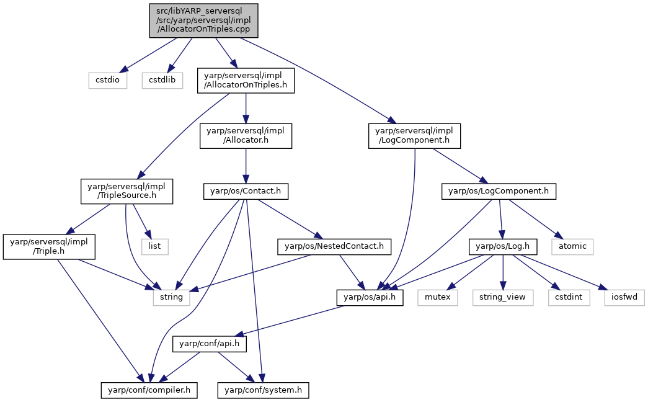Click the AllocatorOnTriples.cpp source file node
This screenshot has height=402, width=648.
pyautogui.click(x=204, y=20)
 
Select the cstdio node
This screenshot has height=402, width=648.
pyautogui.click(x=107, y=80)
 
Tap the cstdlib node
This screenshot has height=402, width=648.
pyautogui.click(x=162, y=80)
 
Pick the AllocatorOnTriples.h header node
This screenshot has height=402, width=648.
pyautogui.click(x=246, y=81)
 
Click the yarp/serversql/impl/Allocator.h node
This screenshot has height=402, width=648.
pyautogui.click(x=246, y=136)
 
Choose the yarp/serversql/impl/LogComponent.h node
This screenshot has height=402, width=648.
pyautogui.click(x=414, y=136)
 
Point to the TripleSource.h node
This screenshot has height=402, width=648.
pyautogui.click(x=126, y=191)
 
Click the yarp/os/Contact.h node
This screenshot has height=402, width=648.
pyautogui.click(x=246, y=192)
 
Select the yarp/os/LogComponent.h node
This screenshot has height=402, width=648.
pyautogui.click(x=499, y=192)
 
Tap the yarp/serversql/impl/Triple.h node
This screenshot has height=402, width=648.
pyautogui.click(x=49, y=247)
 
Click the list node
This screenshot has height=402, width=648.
pyautogui.click(x=154, y=246)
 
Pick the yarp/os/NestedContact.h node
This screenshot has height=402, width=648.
pyautogui.click(x=334, y=246)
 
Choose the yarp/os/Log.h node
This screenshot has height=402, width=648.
pyautogui.click(x=503, y=246)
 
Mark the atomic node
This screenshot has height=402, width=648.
pyautogui.click(x=572, y=246)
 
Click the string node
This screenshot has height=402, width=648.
pyautogui.click(x=172, y=298)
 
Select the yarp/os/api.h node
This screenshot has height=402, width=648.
pyautogui.click(x=370, y=298)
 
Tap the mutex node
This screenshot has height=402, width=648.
pyautogui.click(x=438, y=298)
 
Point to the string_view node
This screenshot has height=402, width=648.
pyautogui.click(x=503, y=298)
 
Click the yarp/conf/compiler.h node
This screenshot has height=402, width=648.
pyautogui.click(x=149, y=390)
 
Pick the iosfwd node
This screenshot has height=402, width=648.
pyautogui.click(x=624, y=298)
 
